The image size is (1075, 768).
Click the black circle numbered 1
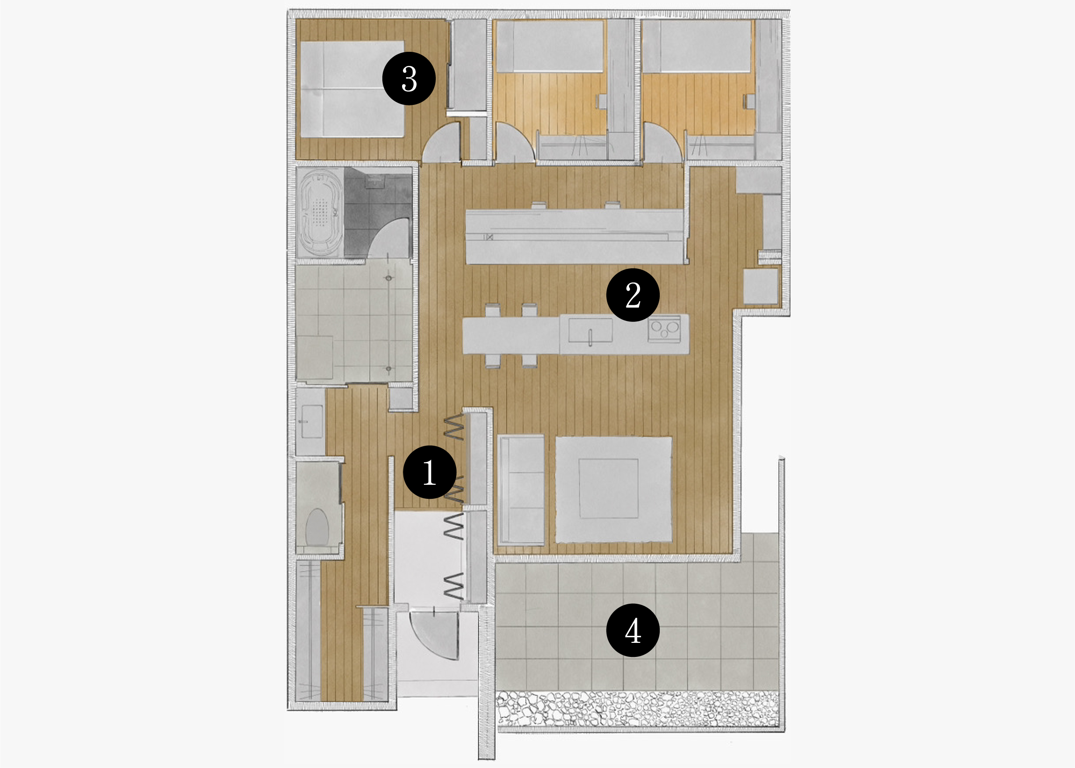(429, 472)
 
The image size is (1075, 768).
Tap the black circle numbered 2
(633, 295)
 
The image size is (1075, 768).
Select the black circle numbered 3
(409, 79)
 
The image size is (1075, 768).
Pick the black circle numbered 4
(633, 630)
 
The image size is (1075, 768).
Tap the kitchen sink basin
(590, 331)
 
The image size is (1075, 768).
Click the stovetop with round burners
(664, 328)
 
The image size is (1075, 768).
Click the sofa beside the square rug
(521, 490)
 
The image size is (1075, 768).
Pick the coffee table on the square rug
(608, 488)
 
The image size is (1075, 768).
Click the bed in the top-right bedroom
(697, 47)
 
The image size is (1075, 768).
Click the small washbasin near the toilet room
(311, 421)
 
